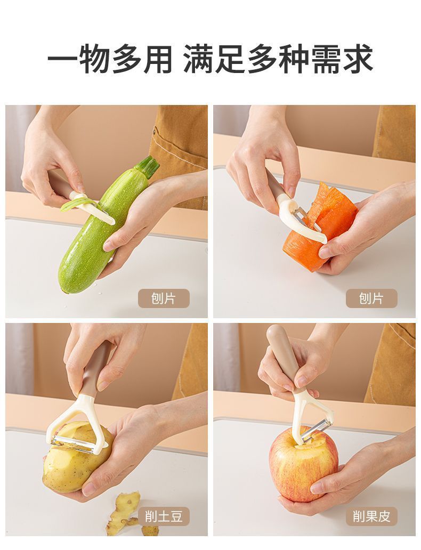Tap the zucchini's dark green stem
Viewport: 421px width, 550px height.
click(149, 166)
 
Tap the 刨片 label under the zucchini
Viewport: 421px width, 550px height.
click(164, 298)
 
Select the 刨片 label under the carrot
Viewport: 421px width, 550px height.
click(371, 298)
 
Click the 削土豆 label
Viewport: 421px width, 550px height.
click(164, 516)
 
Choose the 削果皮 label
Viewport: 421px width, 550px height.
click(371, 516)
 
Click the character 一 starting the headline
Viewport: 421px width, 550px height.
click(62, 59)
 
